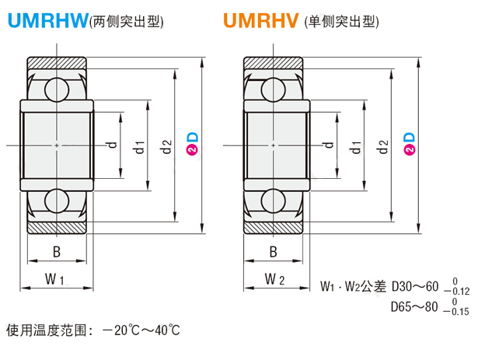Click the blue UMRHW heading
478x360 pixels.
coord(47,21)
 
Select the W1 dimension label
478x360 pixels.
coord(54,278)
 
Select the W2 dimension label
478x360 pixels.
coord(274,278)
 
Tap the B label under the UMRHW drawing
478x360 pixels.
coord(56,252)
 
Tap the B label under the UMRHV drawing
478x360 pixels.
coord(273,252)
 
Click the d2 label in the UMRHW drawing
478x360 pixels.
coord(166,145)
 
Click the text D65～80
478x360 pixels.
coord(417,306)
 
